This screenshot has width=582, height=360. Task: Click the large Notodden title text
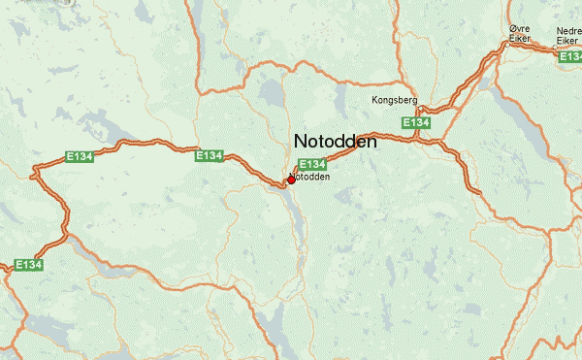coord(335,141)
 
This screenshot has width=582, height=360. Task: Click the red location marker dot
coord(291,180)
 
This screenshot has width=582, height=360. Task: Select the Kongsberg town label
coord(393,100)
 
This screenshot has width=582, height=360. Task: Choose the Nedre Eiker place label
coord(569,34)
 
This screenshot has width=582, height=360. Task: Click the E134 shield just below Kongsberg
coord(416,123)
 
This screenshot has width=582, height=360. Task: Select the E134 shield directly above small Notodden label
coord(311,165)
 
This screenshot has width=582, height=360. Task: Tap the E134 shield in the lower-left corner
coord(29,264)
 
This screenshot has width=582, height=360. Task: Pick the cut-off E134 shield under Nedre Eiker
coord(570,57)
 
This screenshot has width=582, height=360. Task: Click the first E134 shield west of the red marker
coord(210,155)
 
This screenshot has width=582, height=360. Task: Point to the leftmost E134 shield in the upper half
coord(79,155)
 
